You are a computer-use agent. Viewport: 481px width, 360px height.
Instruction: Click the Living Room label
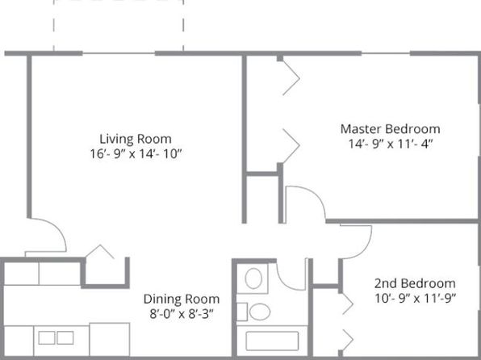(136, 139)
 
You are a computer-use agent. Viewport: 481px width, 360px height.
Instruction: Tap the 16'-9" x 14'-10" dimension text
(136, 153)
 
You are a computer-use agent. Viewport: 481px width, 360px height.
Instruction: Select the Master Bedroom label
(390, 129)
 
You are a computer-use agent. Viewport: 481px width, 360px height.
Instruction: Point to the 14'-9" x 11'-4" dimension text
(390, 144)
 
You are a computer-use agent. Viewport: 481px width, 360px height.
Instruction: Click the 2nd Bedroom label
(415, 283)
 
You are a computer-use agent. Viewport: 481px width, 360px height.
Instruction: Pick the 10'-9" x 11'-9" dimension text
(416, 298)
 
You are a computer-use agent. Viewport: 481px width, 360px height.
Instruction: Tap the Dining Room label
(182, 299)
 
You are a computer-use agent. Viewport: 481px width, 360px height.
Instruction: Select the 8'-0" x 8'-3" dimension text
(182, 314)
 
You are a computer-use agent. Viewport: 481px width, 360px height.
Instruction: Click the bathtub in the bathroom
(272, 341)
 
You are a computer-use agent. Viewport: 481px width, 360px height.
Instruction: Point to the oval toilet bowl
(260, 312)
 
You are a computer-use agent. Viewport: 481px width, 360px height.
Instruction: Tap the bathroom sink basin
(253, 278)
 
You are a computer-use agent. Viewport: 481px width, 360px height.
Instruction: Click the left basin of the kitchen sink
(47, 338)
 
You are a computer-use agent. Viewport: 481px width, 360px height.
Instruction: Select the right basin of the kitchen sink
(65, 338)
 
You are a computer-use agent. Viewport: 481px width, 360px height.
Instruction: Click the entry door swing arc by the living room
(57, 228)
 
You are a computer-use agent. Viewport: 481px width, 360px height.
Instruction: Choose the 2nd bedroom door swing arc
(364, 249)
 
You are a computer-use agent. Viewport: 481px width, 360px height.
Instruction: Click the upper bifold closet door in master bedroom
(291, 78)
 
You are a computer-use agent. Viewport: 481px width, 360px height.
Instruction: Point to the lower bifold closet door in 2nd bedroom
(348, 340)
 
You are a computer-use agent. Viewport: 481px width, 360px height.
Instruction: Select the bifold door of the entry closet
(100, 251)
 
